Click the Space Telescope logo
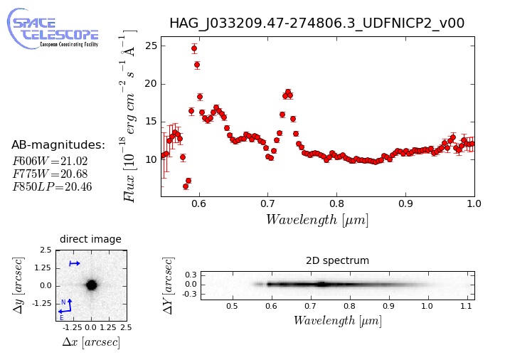pos(53,29)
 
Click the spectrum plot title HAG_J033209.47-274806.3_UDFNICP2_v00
pos(317,23)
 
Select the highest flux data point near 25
pos(194,49)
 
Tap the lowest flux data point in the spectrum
pos(186,186)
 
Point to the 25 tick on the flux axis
pos(151,46)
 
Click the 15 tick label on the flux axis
pos(151,122)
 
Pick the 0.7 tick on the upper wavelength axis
pos(267,203)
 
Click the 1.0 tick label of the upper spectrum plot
pos(474,203)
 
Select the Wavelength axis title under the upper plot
pos(317,220)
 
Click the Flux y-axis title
pos(128,116)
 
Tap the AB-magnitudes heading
pos(58,145)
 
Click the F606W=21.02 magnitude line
pos(50,161)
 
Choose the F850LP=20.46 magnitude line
pos(52,187)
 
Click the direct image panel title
pos(90,239)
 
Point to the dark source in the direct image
pos(92,285)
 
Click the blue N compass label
pos(63,302)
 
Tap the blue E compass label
pos(61,318)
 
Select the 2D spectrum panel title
pos(337,260)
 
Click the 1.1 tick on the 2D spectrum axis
pos(466,306)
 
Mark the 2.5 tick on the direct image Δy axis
pos(46,250)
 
